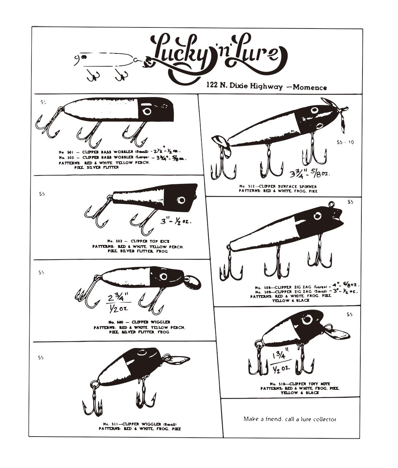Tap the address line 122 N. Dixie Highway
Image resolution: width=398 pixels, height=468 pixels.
[244, 86]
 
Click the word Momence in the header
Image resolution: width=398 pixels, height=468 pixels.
[309, 87]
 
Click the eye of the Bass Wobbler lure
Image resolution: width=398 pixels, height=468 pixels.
[147, 111]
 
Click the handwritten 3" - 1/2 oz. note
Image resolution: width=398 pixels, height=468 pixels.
[176, 221]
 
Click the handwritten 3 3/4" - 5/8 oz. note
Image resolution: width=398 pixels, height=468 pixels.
[310, 173]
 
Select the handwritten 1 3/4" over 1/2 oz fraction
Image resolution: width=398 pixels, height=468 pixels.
[281, 362]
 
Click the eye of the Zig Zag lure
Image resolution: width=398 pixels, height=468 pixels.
[317, 216]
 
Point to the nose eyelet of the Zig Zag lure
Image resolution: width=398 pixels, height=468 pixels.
[332, 204]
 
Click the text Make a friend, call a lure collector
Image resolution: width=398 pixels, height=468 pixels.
[290, 419]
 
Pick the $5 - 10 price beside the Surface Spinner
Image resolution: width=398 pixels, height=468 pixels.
[345, 142]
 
